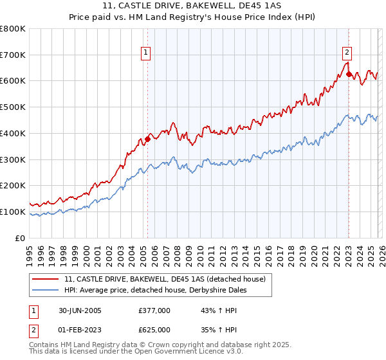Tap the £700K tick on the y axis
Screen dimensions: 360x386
click(x=13, y=55)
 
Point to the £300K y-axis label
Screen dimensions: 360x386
click(x=13, y=159)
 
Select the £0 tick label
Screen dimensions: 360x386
click(x=19, y=238)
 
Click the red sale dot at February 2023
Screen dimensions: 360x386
click(x=349, y=75)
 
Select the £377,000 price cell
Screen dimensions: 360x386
click(x=154, y=310)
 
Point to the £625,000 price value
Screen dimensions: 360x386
click(x=154, y=329)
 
